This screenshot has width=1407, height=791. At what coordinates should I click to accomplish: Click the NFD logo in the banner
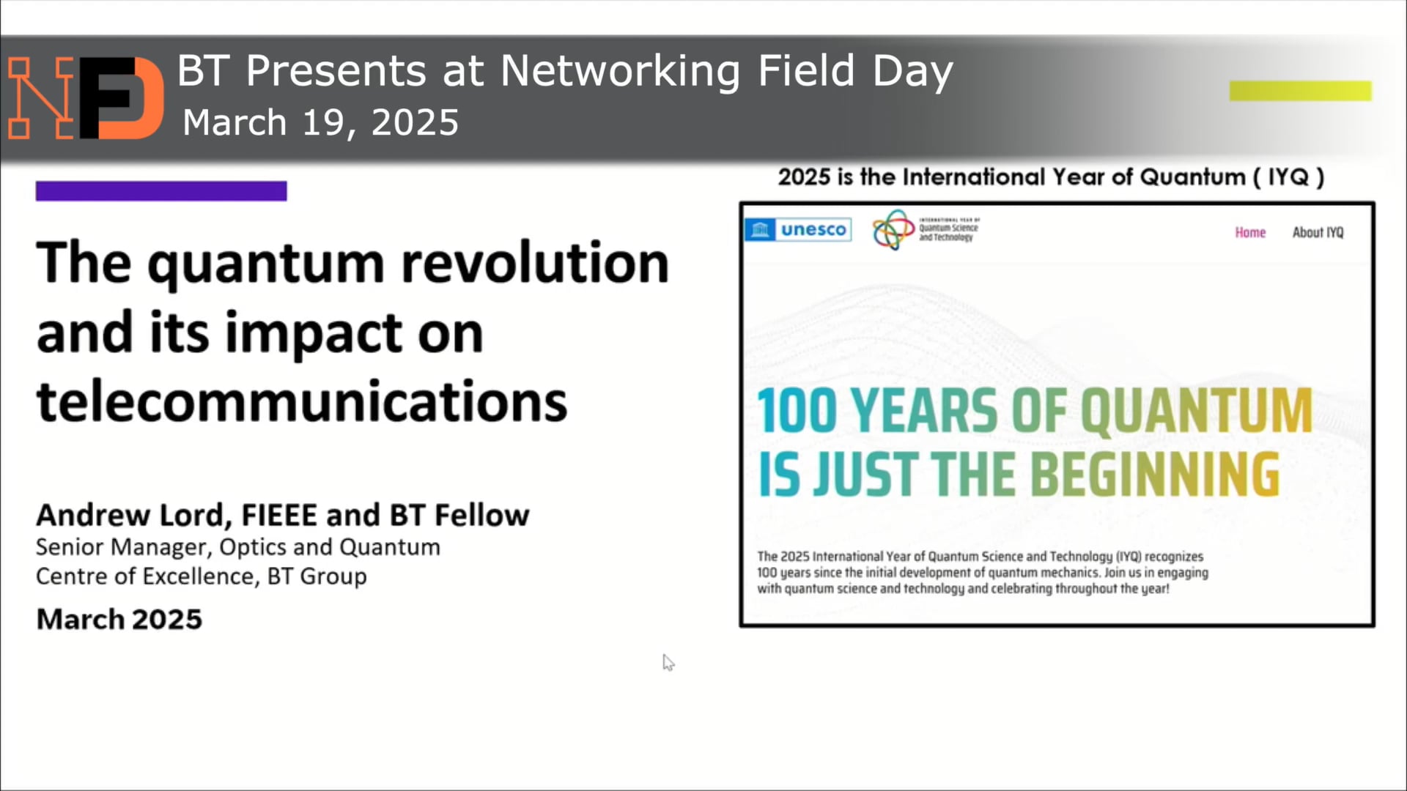pyautogui.click(x=86, y=97)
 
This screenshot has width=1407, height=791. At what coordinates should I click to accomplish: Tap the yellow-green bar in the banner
pyautogui.click(x=1300, y=91)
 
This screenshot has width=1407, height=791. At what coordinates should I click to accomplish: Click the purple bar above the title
pyautogui.click(x=161, y=191)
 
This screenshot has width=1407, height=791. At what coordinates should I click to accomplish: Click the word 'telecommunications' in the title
pyautogui.click(x=301, y=402)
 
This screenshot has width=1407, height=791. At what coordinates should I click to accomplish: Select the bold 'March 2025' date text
pyautogui.click(x=119, y=620)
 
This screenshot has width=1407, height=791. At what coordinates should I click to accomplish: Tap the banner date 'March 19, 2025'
pyautogui.click(x=320, y=122)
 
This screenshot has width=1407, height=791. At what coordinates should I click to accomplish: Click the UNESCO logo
pyautogui.click(x=798, y=230)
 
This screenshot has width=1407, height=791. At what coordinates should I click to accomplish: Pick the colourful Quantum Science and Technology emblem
pyautogui.click(x=893, y=230)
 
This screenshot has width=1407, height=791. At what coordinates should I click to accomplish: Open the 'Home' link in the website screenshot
pyautogui.click(x=1250, y=233)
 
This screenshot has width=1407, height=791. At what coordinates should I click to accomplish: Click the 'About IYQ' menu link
pyautogui.click(x=1318, y=233)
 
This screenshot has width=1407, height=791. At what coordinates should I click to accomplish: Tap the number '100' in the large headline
pyautogui.click(x=797, y=411)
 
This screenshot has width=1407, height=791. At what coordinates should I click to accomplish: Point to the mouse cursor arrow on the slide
pyautogui.click(x=668, y=662)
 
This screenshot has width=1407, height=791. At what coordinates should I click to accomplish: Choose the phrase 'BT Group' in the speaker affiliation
pyautogui.click(x=317, y=576)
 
